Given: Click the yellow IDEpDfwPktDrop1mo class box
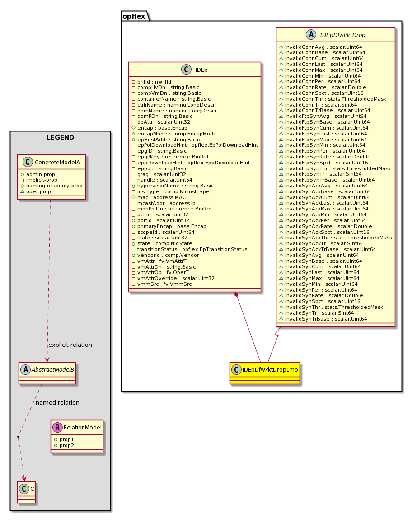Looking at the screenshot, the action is (264, 373).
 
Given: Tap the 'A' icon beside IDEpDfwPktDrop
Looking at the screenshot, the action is (311, 35).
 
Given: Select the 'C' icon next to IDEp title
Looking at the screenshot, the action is (186, 70).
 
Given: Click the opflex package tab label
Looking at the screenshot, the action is (134, 16).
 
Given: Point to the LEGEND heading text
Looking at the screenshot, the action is (60, 137).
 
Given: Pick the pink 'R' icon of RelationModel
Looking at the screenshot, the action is (57, 427).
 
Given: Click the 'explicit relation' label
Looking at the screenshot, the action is (70, 345).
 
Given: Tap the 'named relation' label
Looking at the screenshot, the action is (58, 402).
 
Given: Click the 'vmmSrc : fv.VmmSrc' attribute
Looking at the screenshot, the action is (162, 284).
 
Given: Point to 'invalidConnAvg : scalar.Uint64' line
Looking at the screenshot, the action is (320, 47).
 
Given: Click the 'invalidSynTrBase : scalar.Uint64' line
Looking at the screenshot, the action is (323, 319).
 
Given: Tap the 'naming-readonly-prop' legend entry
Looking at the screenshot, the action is (52, 186).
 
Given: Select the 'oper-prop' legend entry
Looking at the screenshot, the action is (36, 191).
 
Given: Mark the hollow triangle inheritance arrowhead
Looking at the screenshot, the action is (279, 331).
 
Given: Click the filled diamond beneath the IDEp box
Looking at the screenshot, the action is (236, 294).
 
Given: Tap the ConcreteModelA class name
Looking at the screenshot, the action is (57, 163).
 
